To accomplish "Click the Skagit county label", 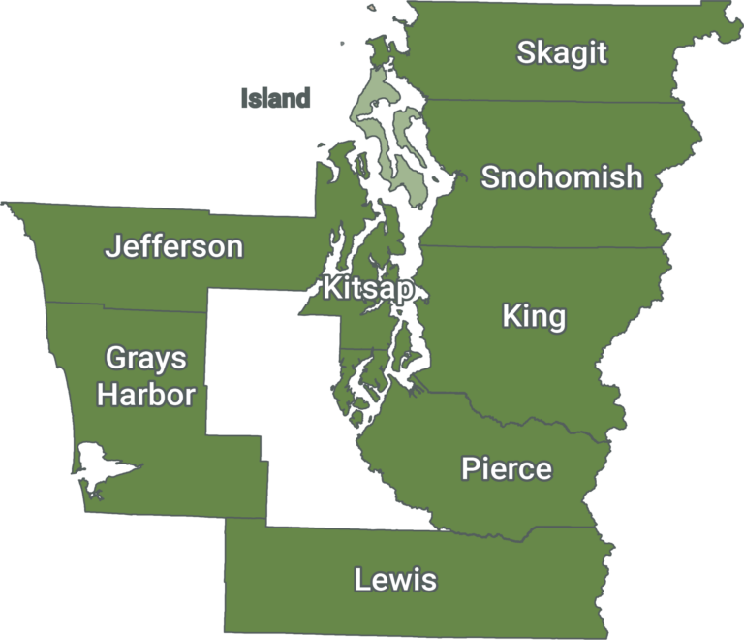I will coord(562,52).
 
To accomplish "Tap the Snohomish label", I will coord(562,177).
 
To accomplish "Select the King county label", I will coord(534,317).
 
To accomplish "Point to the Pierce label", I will coord(507,469).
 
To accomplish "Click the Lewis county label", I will coord(395,581).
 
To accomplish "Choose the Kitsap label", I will coord(368,288).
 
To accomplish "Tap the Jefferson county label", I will coord(173,246).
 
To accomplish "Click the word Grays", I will coord(145,359).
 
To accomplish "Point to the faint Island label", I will coord(276,98).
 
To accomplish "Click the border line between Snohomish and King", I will coord(542,246).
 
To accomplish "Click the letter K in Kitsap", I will coord(332,288).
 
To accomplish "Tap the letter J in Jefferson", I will coord(112,246).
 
